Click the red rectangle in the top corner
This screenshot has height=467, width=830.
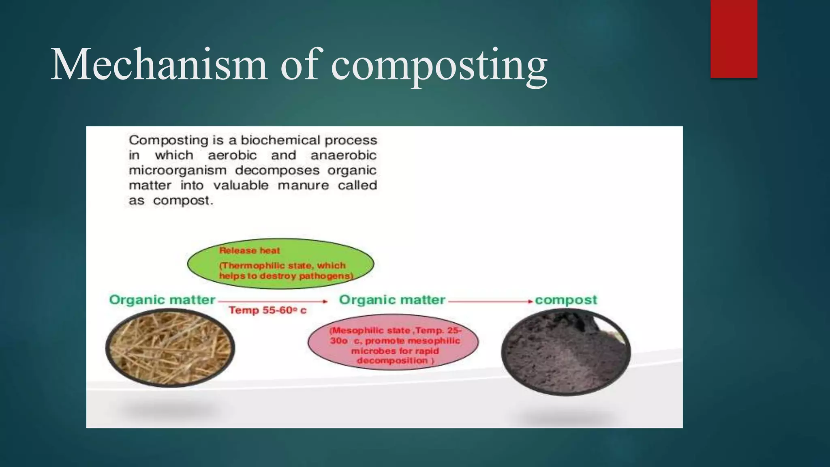click(734, 39)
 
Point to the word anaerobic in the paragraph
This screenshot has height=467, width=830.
click(343, 155)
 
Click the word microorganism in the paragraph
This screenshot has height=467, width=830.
click(177, 171)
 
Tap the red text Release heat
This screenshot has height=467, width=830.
click(249, 251)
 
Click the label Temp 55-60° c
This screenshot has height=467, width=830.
click(267, 311)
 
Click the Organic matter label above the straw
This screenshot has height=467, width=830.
click(162, 300)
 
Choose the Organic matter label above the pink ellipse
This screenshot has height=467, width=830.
click(392, 300)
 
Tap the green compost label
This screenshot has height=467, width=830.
click(566, 300)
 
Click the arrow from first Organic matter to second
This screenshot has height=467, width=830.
click(272, 301)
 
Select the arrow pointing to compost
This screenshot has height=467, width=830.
click(490, 301)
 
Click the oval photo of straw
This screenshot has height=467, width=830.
click(170, 348)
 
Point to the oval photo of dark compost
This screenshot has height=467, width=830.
click(566, 352)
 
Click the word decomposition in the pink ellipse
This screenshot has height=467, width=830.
click(392, 360)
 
